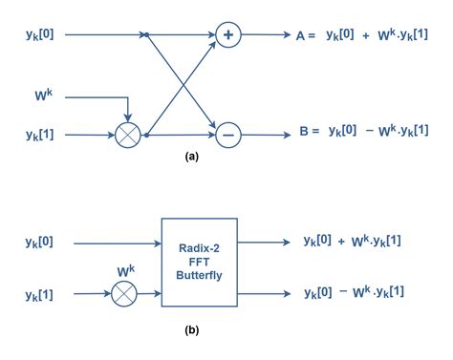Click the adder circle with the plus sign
227,35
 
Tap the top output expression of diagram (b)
352,241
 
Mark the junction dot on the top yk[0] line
145,35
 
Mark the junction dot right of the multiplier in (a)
145,137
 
